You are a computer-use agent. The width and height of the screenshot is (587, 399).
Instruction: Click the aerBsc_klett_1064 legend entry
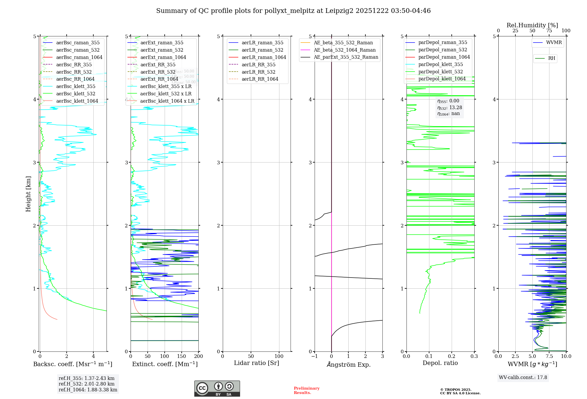pyautogui.click(x=77, y=101)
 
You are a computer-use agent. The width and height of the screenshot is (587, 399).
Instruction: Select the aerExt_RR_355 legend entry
pyautogui.click(x=158, y=65)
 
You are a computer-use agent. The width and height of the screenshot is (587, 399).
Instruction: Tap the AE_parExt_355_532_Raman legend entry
pyautogui.click(x=346, y=57)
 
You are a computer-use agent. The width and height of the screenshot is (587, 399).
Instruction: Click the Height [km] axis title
pyautogui.click(x=28, y=194)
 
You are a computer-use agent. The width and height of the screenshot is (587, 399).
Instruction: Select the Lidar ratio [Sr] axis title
pyautogui.click(x=257, y=363)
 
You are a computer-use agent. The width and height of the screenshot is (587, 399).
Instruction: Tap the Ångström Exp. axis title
pyautogui.click(x=349, y=364)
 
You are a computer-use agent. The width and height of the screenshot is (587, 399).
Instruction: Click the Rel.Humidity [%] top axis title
pyautogui.click(x=532, y=25)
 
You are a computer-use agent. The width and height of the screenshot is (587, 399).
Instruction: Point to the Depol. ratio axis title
pyautogui.click(x=440, y=363)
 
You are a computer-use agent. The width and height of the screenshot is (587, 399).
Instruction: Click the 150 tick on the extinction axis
pyautogui.click(x=182, y=356)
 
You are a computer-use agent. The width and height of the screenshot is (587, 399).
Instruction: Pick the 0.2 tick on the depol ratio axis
pyautogui.click(x=452, y=356)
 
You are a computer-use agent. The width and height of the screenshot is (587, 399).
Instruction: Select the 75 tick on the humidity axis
pyautogui.click(x=549, y=31)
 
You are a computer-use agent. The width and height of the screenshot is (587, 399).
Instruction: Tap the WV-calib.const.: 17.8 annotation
pyautogui.click(x=523, y=377)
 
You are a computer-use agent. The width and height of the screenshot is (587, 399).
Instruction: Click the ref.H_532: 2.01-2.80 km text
pyautogui.click(x=87, y=384)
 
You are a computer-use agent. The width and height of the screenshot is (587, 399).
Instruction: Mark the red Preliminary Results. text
pyautogui.click(x=306, y=390)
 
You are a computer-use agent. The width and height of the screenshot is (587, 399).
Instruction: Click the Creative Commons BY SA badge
pyautogui.click(x=217, y=389)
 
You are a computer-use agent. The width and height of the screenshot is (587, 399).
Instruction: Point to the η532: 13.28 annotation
pyautogui.click(x=449, y=108)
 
